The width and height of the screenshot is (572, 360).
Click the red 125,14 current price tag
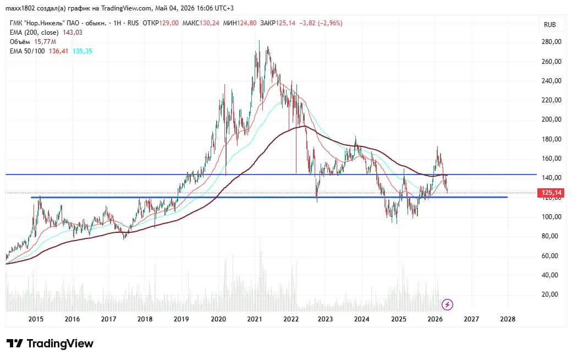[551, 193]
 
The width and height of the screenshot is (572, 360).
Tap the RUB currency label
[550, 24]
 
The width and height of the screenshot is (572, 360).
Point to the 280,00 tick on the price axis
[552, 42]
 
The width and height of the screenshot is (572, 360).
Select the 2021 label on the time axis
[255, 319]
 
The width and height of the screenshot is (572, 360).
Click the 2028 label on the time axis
[508, 319]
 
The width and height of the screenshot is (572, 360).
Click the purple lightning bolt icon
[447, 304]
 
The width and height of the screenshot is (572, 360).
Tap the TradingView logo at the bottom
[50, 343]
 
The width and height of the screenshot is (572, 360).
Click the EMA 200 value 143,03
[73, 32]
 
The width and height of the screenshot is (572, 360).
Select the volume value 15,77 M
[45, 42]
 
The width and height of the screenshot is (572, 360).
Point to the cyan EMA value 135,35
[82, 51]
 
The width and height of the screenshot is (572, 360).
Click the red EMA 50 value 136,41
[59, 51]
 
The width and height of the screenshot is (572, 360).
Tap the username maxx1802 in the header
[20, 8]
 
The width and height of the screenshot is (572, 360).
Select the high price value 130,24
[210, 23]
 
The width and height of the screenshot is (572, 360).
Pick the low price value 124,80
[247, 23]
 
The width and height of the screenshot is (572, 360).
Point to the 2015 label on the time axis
[36, 319]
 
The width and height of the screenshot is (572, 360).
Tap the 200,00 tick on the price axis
[552, 119]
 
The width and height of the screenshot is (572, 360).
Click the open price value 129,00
[169, 23]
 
